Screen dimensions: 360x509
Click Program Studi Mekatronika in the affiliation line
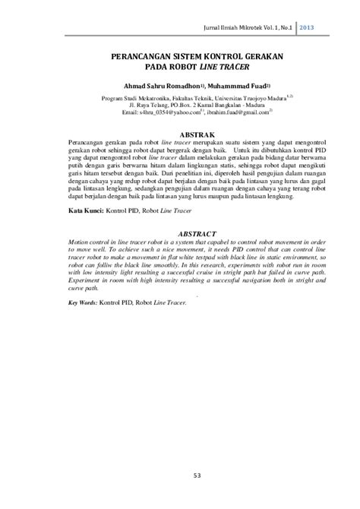[x=130, y=98]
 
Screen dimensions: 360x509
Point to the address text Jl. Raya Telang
[x=129, y=105]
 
